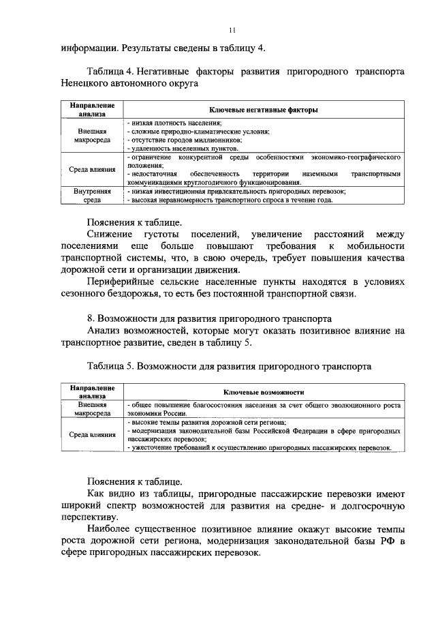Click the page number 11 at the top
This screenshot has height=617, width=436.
pos(232,30)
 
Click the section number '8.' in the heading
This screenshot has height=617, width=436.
pos(91,318)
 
